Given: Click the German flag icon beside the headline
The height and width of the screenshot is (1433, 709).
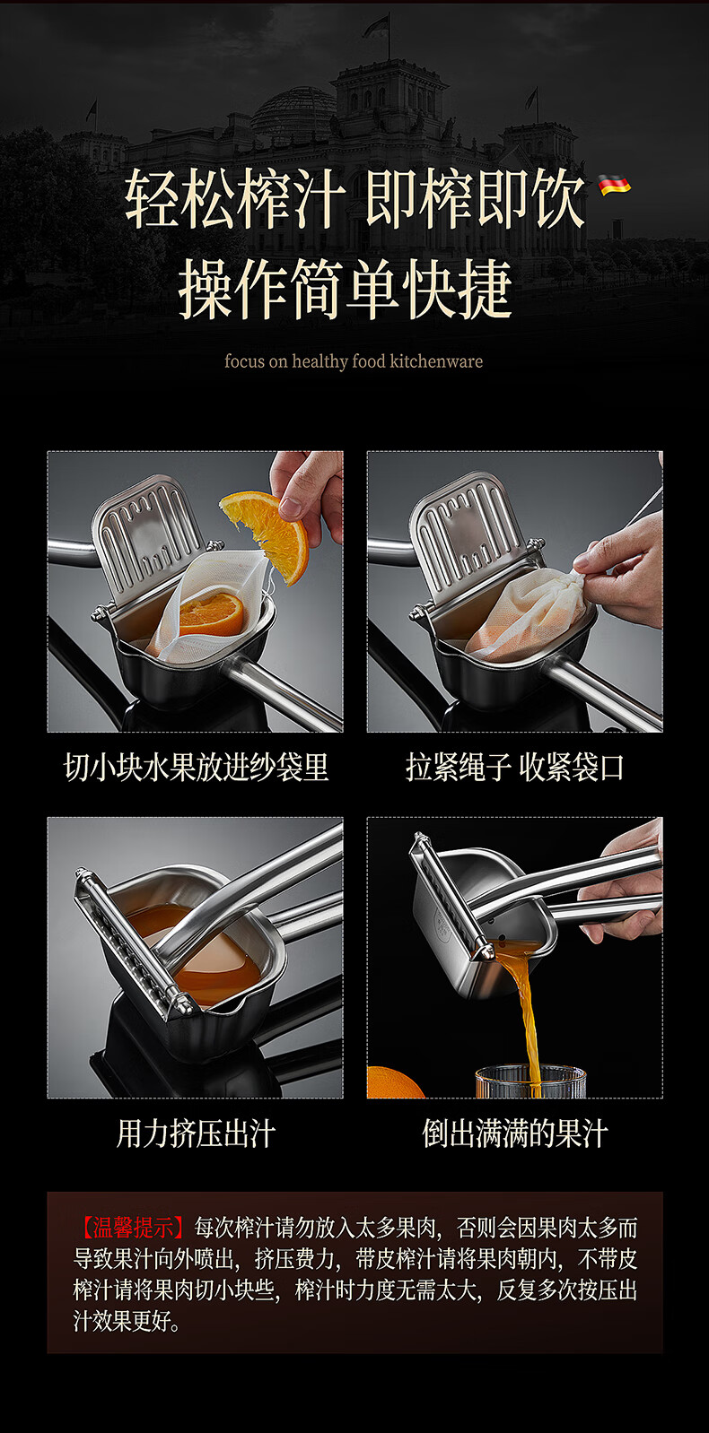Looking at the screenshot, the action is [614, 185].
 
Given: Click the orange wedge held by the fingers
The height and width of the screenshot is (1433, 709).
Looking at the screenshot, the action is [267, 531].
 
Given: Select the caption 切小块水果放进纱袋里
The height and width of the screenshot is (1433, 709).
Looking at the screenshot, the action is [196, 767].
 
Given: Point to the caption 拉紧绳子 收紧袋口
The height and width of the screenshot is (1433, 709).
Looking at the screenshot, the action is [514, 767].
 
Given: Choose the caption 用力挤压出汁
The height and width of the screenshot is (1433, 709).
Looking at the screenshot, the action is [196, 1133].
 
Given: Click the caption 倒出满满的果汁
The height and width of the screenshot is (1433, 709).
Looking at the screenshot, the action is [514, 1133].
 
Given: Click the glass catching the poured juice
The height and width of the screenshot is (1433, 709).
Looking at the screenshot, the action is [530, 1081].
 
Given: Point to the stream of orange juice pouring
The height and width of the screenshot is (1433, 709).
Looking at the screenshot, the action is [522, 1004].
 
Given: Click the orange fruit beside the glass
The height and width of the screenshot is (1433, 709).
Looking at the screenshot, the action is [394, 1082].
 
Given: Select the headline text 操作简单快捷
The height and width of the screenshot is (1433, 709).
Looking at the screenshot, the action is [346, 289].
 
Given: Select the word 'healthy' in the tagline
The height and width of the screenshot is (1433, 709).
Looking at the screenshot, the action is [319, 361].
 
